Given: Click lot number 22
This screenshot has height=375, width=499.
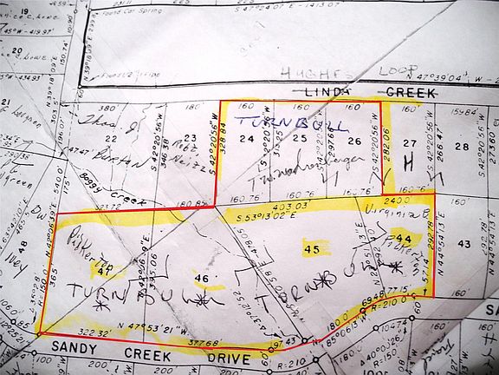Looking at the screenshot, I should [x=110, y=138].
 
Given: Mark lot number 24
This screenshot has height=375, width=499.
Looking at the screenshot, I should [x=247, y=138].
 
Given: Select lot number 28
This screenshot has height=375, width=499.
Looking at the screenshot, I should [x=462, y=147].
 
